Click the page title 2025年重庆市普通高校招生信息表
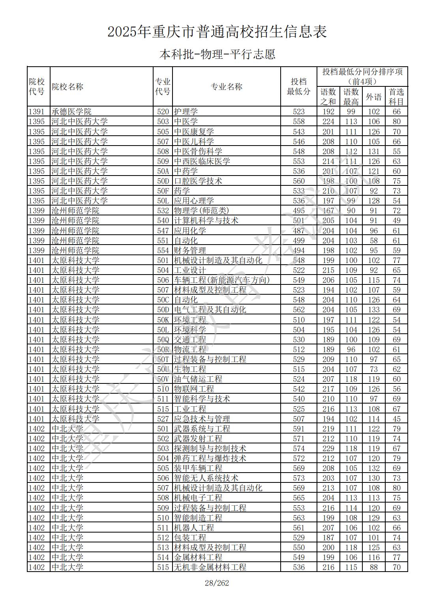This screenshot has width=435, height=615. tap(217, 32)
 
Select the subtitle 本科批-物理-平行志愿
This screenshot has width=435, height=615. tap(217, 54)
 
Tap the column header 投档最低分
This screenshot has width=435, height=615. tap(298, 87)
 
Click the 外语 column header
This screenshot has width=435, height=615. tap(373, 97)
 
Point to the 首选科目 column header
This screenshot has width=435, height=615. tap(396, 97)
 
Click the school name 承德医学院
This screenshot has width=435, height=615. tap(71, 112)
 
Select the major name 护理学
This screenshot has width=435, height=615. tap(186, 112)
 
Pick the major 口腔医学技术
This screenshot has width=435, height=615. tap(198, 181)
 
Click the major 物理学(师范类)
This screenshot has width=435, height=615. tap(201, 211)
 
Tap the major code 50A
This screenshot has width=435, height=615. tap(163, 171)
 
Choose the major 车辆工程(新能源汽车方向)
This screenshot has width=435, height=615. tap(222, 280)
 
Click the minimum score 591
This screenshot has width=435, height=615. tap(299, 429)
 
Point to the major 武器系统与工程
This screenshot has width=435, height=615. tap(202, 429)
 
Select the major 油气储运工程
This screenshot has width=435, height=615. tap(198, 379)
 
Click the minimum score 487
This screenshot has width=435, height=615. tap(299, 231)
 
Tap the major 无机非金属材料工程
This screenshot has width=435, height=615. tap(210, 567)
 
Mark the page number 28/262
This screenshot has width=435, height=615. tap(217, 583)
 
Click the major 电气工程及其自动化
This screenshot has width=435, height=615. tap(210, 310)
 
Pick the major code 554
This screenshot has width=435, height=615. tap(163, 250)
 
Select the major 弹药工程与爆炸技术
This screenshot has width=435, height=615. tap(210, 458)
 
